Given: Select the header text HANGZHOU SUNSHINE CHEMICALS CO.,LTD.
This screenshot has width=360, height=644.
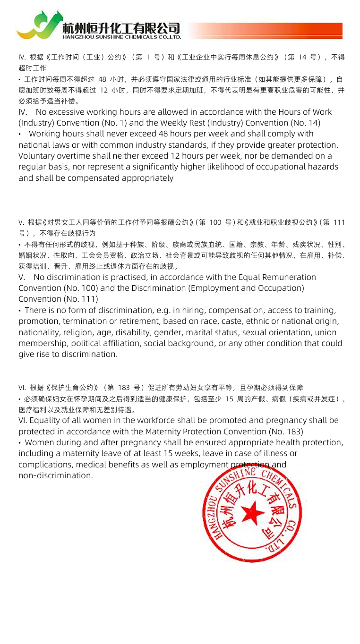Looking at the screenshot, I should tap(121, 36).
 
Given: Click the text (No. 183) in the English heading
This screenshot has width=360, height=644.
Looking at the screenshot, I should tap(285, 431).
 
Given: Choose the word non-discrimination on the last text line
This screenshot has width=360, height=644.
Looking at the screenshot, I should tap(55, 475).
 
